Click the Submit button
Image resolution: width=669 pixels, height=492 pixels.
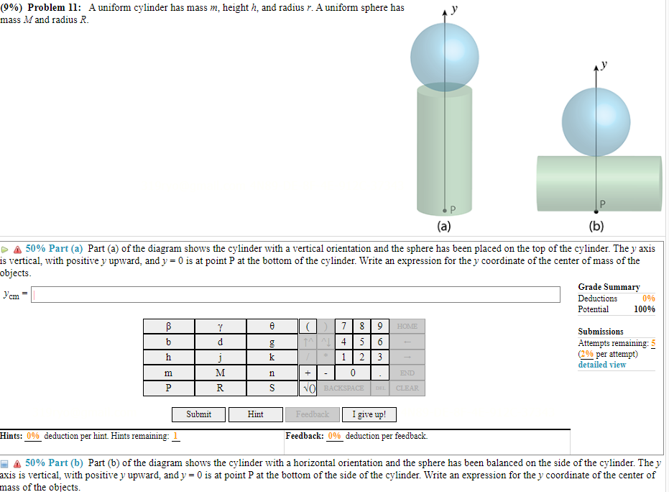pyautogui.click(x=199, y=414)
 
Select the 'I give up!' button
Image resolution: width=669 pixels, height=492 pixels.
pyautogui.click(x=369, y=414)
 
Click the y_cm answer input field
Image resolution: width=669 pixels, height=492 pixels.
pyautogui.click(x=295, y=294)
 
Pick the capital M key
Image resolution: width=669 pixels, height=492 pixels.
pyautogui.click(x=220, y=373)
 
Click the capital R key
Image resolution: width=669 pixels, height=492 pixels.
pyautogui.click(x=220, y=388)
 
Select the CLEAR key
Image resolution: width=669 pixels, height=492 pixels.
pyautogui.click(x=407, y=388)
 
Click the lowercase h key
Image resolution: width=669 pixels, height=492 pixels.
pyautogui.click(x=168, y=357)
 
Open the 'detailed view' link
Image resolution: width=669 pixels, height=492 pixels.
pyautogui.click(x=601, y=365)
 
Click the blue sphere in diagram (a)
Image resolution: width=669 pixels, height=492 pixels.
pyautogui.click(x=444, y=58)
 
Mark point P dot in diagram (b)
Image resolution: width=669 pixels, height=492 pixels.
pyautogui.click(x=596, y=211)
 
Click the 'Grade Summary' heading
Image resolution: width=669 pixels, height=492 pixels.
pyautogui.click(x=609, y=287)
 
